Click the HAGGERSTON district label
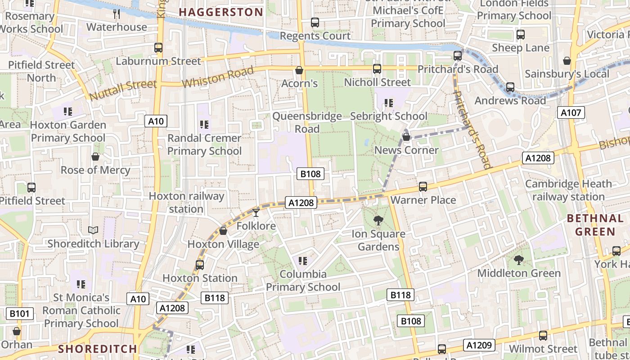tap(221, 12)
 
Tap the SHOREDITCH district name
tap(97, 349)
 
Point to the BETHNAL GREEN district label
tap(595, 225)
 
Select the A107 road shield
tap(571, 112)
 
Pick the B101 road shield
tap(20, 313)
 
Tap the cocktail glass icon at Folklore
tap(256, 212)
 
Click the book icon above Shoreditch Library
tap(93, 230)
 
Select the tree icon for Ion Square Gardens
tap(378, 220)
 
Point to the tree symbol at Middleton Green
tap(519, 260)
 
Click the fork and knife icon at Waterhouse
tap(117, 14)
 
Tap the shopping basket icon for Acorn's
tap(299, 70)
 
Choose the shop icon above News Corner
tap(406, 137)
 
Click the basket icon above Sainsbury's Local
tap(567, 61)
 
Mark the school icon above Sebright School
tap(389, 103)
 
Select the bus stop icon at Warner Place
tap(423, 186)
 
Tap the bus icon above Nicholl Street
tap(377, 69)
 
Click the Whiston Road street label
tap(211, 77)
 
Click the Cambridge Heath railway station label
tap(568, 190)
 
